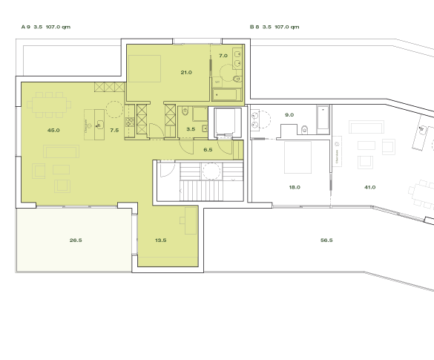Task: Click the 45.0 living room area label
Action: [x=53, y=130]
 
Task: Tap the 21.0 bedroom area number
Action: [x=186, y=72]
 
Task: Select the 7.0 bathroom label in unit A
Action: [x=223, y=56]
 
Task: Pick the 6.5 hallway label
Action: [x=208, y=149]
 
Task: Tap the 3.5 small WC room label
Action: [x=191, y=129]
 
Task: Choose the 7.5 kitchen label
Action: [x=114, y=130]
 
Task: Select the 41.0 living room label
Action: [x=369, y=187]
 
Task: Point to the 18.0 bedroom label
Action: [x=294, y=187]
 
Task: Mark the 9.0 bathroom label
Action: [x=289, y=115]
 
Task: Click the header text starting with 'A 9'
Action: [x=46, y=27]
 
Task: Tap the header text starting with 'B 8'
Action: [x=274, y=27]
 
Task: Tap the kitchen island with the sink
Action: [x=93, y=124]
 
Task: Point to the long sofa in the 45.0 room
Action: [x=60, y=151]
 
